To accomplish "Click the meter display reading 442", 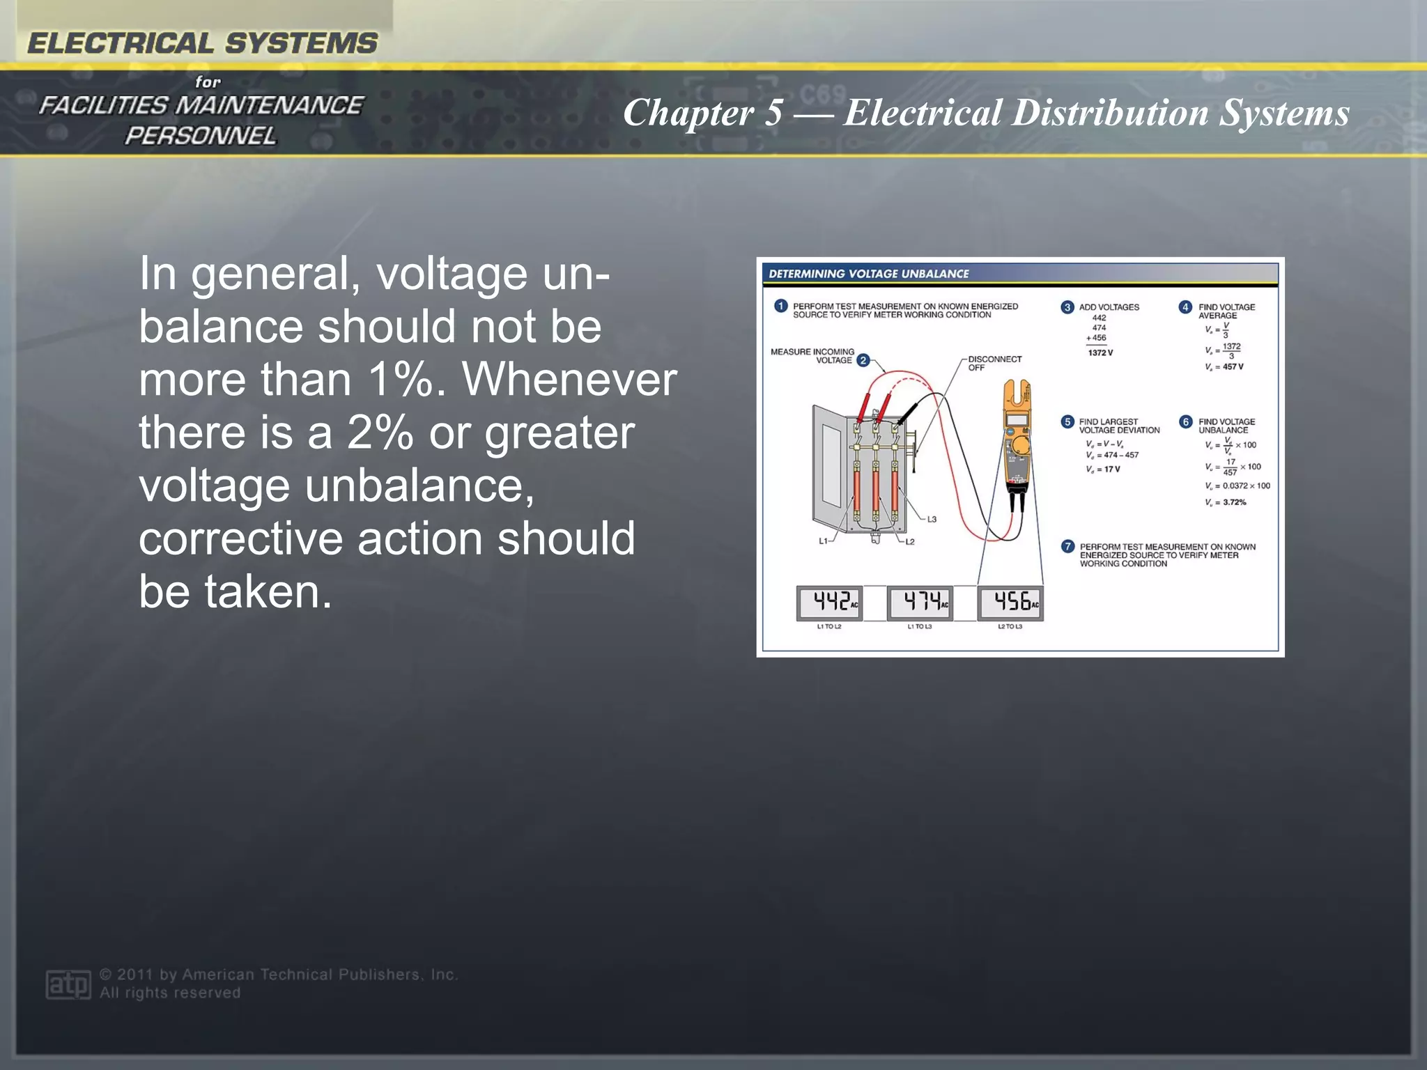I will click(x=829, y=603).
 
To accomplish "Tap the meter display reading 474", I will click(x=920, y=603).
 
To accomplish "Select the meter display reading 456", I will click(x=1010, y=603).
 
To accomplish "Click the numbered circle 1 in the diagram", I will click(x=780, y=307).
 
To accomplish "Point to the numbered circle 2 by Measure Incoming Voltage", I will click(x=863, y=360).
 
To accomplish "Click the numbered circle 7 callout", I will click(x=1067, y=547).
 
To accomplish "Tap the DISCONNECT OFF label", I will click(x=994, y=363).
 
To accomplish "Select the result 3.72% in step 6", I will click(x=1234, y=502).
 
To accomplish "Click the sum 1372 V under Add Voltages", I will click(x=1100, y=353).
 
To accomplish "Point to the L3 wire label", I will click(x=932, y=520).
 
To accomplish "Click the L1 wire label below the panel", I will click(x=823, y=541).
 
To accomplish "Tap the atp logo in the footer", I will click(x=68, y=984).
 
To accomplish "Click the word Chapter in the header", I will click(x=688, y=113).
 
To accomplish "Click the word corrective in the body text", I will click(x=243, y=538).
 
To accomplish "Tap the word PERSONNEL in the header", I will click(x=200, y=136).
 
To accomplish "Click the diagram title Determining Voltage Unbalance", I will click(x=868, y=274).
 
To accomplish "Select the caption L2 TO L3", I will click(x=1010, y=627).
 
